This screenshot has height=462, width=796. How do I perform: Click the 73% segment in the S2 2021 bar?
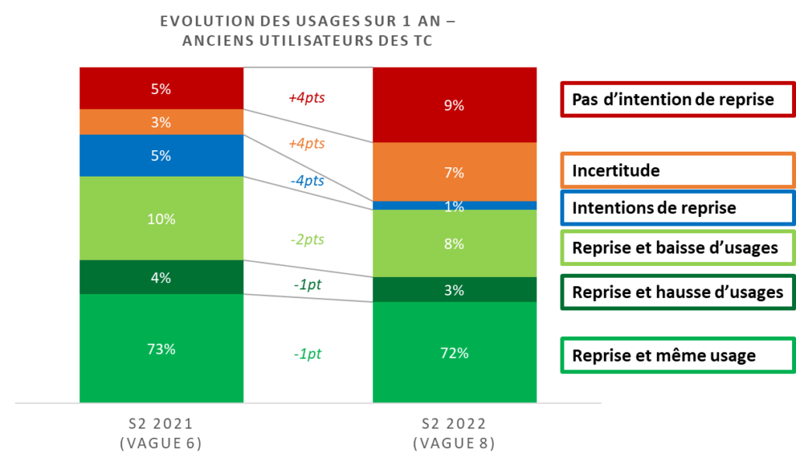tap(161, 348)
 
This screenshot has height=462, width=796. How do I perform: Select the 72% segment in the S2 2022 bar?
tap(454, 352)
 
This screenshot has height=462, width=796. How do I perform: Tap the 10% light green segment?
tap(161, 219)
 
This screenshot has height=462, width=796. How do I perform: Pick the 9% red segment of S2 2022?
tap(454, 105)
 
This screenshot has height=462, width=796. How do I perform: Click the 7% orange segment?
tap(454, 172)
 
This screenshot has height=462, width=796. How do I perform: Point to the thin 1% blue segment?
tap(454, 206)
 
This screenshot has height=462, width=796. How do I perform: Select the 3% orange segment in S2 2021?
tap(161, 122)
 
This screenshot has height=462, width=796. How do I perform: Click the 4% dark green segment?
tap(161, 277)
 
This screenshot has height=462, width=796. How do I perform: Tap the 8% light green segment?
tap(454, 243)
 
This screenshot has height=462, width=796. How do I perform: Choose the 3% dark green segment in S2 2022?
tap(454, 290)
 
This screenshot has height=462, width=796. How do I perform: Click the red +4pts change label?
tap(306, 99)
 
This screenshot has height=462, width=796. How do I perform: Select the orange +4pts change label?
tap(306, 144)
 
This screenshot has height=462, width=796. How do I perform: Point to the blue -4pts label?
tap(306, 181)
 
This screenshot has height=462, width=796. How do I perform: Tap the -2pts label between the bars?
tap(306, 240)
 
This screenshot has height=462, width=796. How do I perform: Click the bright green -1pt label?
tap(307, 354)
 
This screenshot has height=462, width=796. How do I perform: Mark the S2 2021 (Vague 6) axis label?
tap(160, 433)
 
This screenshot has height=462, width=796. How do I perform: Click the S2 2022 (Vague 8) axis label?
tap(454, 433)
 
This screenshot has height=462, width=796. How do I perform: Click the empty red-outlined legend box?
tap(677, 100)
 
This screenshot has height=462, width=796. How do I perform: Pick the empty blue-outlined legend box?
tap(677, 208)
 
